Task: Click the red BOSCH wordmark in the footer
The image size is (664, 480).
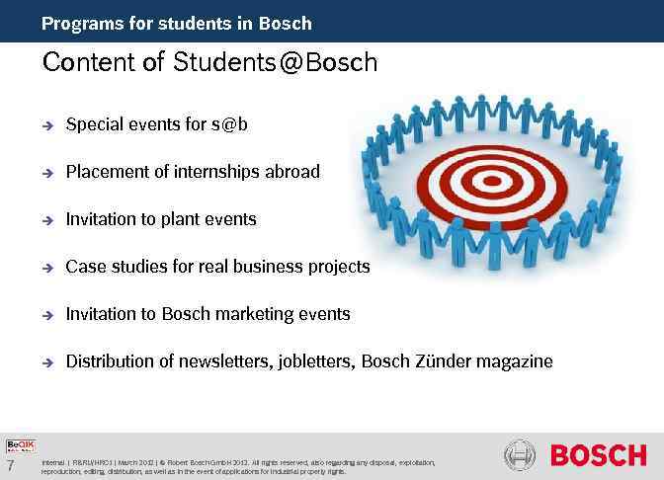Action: pos(598,455)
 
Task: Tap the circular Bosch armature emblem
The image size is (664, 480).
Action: pos(520,456)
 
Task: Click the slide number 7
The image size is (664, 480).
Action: pos(10,465)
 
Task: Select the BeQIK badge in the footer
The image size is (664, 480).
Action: pos(20,445)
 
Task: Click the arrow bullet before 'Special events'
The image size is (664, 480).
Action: pos(46,125)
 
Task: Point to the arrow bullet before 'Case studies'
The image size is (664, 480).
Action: pos(46,268)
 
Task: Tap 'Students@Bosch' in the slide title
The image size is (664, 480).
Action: pos(276,63)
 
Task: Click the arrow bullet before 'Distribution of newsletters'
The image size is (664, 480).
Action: pos(46,362)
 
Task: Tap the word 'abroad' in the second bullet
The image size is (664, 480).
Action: pos(292,172)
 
